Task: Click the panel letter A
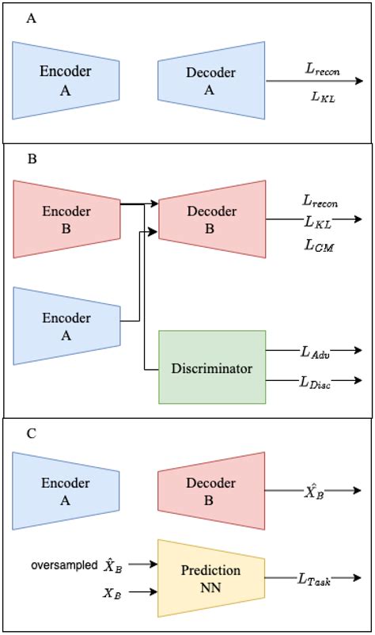[31, 17]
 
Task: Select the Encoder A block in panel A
[66, 80]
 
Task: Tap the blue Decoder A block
[211, 80]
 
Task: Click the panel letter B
[32, 159]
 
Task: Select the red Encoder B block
[66, 219]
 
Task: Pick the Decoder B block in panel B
[211, 219]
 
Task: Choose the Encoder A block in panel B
[66, 325]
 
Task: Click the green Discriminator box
[212, 368]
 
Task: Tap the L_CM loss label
[319, 247]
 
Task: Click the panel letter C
[32, 435]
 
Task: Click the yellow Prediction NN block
[211, 579]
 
